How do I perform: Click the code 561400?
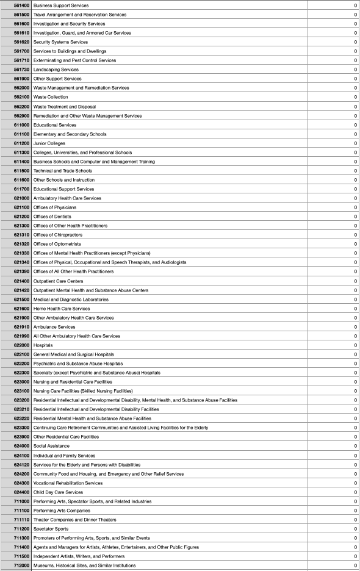[x=21, y=5]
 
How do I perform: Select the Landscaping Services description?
[x=56, y=70]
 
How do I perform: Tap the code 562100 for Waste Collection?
[x=21, y=97]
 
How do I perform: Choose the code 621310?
[x=21, y=235]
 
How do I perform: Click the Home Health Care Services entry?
[x=61, y=309]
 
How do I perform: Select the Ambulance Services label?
[x=54, y=327]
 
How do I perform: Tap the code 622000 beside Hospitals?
[x=21, y=345]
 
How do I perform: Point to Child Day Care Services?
[x=58, y=492]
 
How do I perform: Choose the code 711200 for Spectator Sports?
[x=21, y=529]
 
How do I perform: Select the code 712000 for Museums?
[x=21, y=566]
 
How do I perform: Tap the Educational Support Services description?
[x=63, y=189]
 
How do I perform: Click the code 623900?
[x=21, y=437]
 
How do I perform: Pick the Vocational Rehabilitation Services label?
[x=68, y=483]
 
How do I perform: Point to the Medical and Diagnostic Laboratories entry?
[x=71, y=300]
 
